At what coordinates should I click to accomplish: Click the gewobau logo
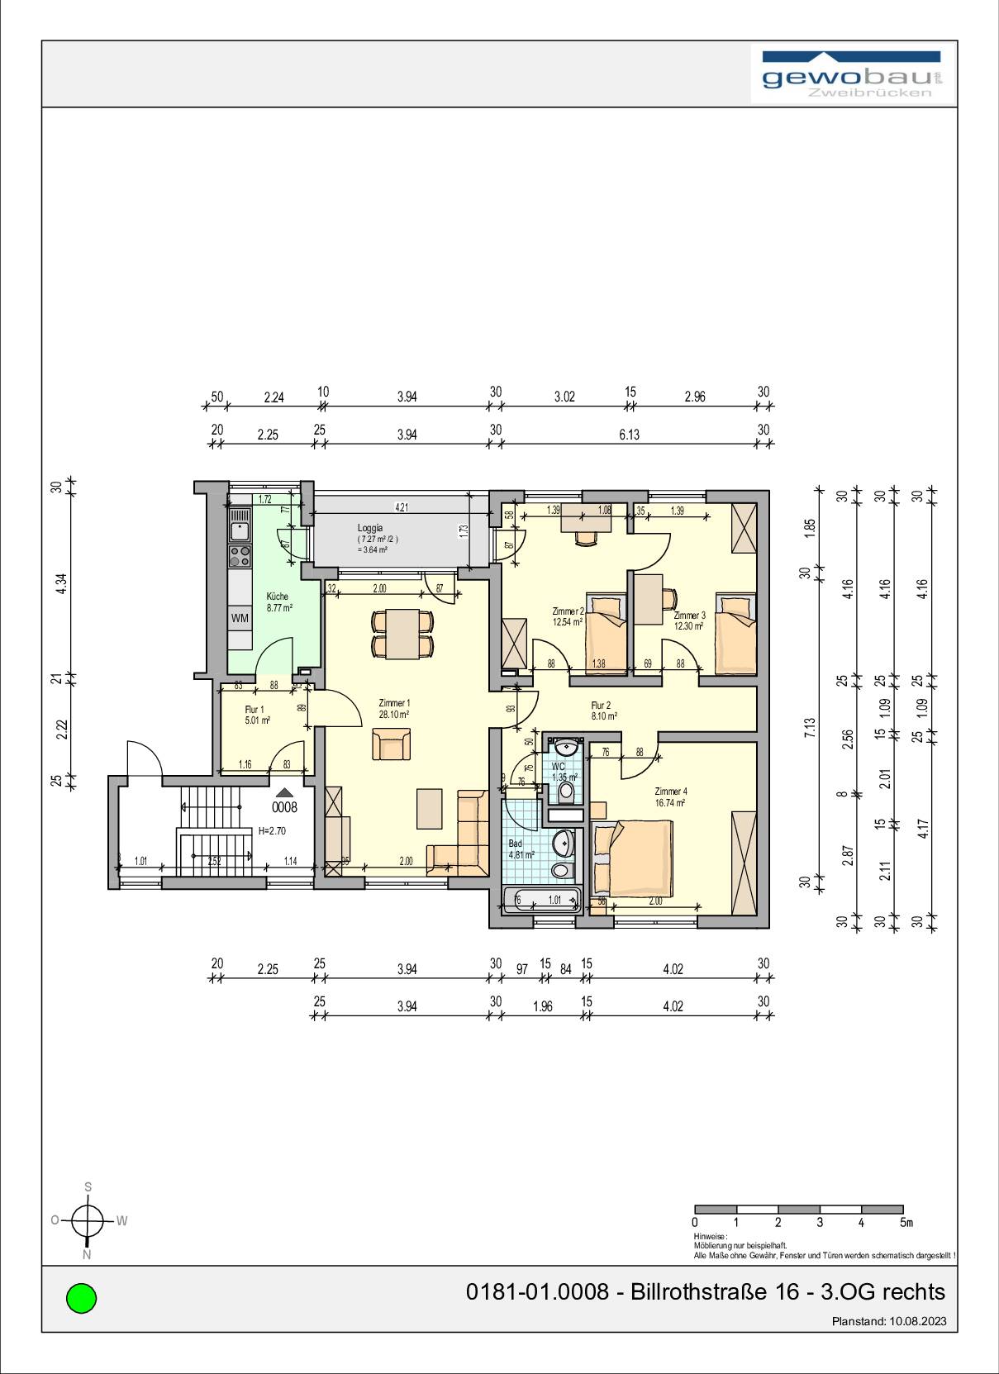[852, 75]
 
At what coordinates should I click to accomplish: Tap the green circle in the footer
[81, 1297]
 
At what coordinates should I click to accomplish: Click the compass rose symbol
[87, 1219]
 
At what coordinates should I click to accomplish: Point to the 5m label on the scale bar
[906, 1223]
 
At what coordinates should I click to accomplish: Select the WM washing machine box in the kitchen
[240, 618]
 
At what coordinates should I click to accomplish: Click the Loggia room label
[369, 528]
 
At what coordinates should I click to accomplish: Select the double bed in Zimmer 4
[632, 858]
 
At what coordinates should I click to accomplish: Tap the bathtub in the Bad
[541, 900]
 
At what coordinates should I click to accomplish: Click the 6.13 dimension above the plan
[629, 435]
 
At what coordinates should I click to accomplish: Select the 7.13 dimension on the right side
[810, 726]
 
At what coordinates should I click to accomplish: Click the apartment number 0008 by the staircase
[284, 807]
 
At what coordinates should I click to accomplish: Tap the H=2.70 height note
[272, 831]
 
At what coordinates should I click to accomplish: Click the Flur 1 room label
[255, 710]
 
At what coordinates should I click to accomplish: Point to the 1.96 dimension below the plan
[542, 1006]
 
